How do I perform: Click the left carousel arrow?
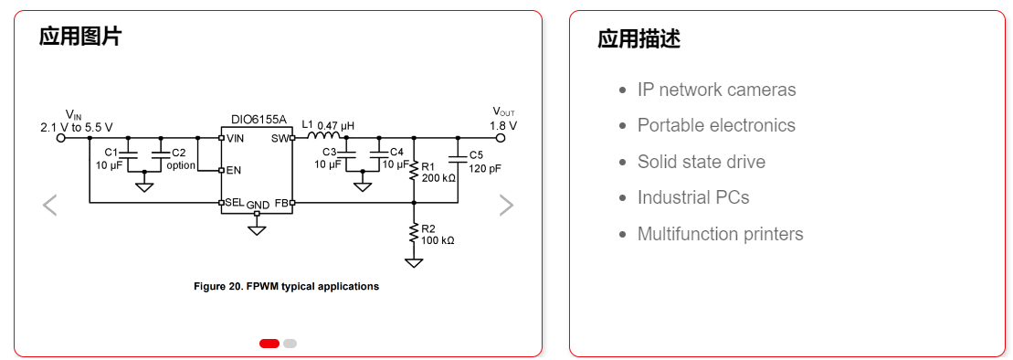click(x=50, y=206)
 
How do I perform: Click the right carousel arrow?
click(x=506, y=206)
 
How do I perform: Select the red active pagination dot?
click(x=269, y=344)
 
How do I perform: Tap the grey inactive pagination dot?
click(x=290, y=344)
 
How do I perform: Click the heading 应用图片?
click(x=80, y=37)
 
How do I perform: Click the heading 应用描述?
click(x=638, y=38)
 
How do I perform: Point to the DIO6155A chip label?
click(x=258, y=120)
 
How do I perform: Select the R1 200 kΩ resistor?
click(x=414, y=169)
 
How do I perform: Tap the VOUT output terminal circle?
click(x=501, y=138)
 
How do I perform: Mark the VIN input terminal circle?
click(x=61, y=138)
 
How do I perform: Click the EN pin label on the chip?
click(x=234, y=170)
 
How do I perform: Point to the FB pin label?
click(x=280, y=202)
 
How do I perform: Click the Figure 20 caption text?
click(x=286, y=286)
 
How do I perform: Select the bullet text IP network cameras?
click(x=716, y=90)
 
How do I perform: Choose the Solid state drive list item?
click(x=701, y=162)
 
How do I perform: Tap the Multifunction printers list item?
click(x=720, y=234)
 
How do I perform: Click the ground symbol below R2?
click(x=414, y=263)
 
